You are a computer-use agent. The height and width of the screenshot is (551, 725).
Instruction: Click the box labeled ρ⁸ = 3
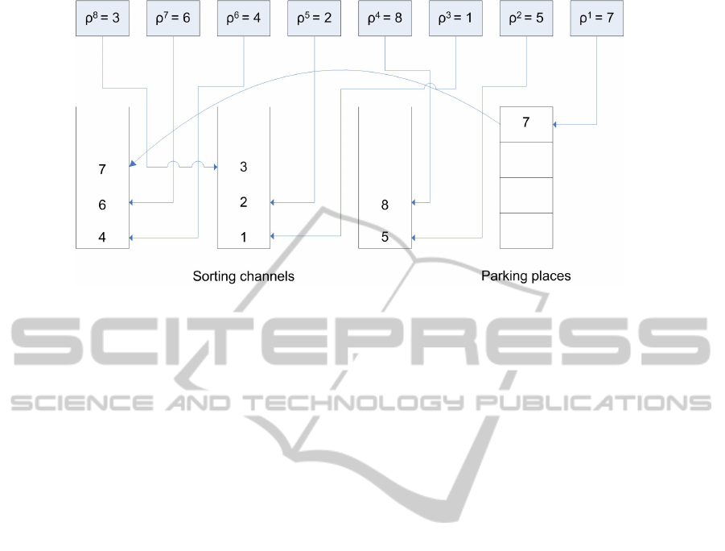(x=103, y=18)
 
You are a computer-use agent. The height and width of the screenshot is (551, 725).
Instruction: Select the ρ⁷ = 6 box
(x=173, y=18)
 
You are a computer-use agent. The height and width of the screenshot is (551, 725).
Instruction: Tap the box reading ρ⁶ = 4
(x=244, y=18)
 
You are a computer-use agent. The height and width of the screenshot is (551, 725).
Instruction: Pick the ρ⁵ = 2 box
(x=315, y=18)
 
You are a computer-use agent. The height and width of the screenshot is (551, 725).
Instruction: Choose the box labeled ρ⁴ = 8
(x=385, y=18)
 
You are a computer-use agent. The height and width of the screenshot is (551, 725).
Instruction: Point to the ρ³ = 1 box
(x=456, y=18)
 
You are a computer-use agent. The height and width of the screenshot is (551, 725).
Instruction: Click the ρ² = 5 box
(x=526, y=18)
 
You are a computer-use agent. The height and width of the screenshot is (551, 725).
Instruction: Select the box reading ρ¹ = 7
(x=597, y=18)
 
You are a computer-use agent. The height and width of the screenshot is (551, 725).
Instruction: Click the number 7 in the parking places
(x=526, y=122)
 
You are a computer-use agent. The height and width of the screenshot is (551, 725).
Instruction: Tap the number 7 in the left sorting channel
(x=102, y=169)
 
